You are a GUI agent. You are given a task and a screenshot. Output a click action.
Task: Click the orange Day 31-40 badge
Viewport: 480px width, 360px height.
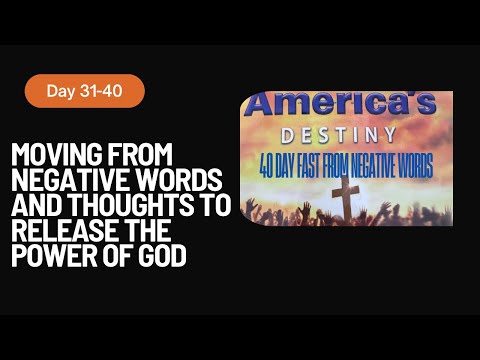[85, 91]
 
